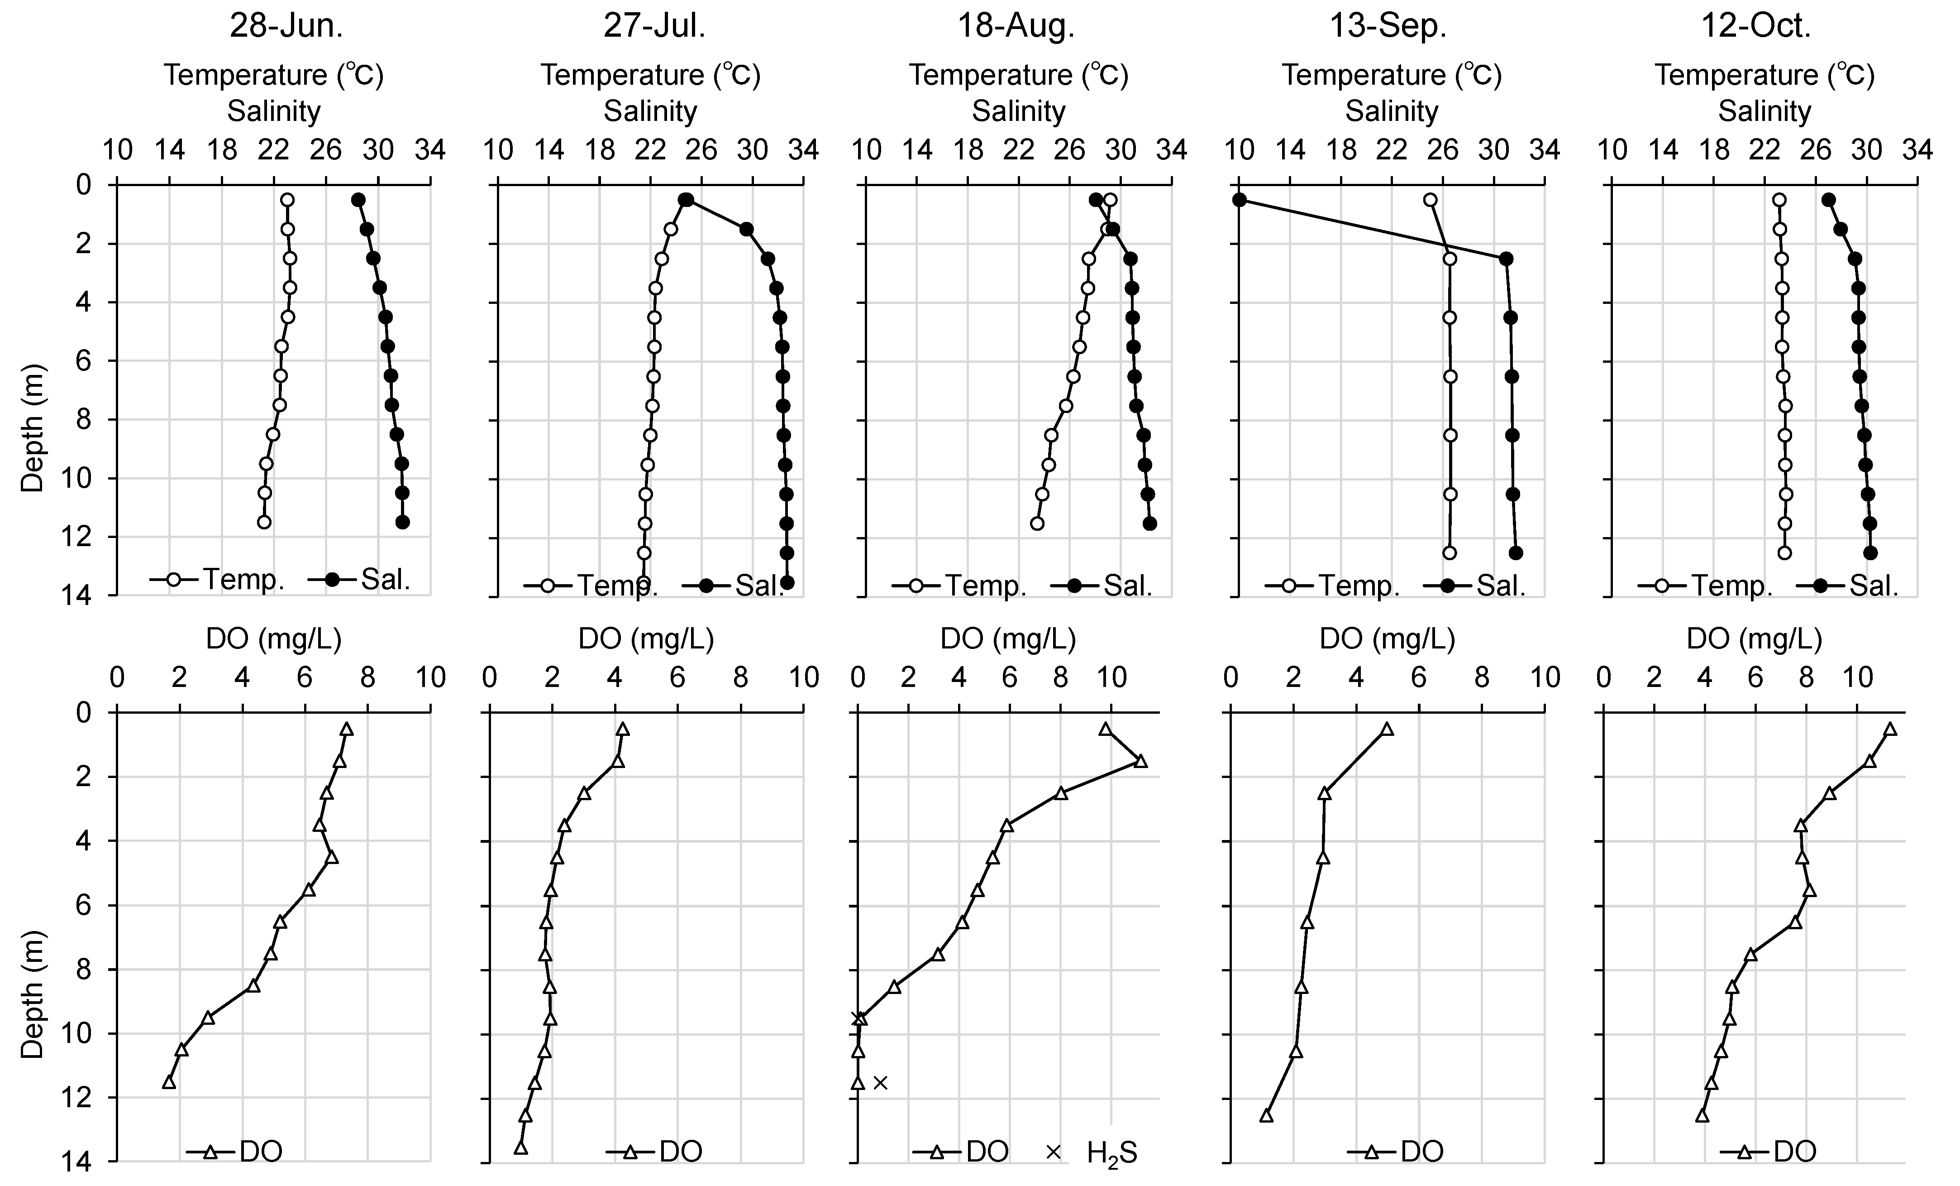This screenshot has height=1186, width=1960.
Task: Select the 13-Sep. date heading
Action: [1388, 26]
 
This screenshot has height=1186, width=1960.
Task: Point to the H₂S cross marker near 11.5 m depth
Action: [880, 1082]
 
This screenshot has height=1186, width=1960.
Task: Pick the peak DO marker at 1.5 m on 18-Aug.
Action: [1141, 762]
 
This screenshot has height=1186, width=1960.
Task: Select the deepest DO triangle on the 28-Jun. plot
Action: [169, 1082]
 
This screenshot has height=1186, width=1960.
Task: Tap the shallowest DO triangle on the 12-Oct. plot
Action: [1890, 730]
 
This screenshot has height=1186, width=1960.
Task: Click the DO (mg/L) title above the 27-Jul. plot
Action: [645, 639]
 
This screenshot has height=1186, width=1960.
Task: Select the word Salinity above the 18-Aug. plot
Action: [1018, 111]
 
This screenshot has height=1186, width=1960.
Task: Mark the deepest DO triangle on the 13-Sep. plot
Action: [1266, 1116]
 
